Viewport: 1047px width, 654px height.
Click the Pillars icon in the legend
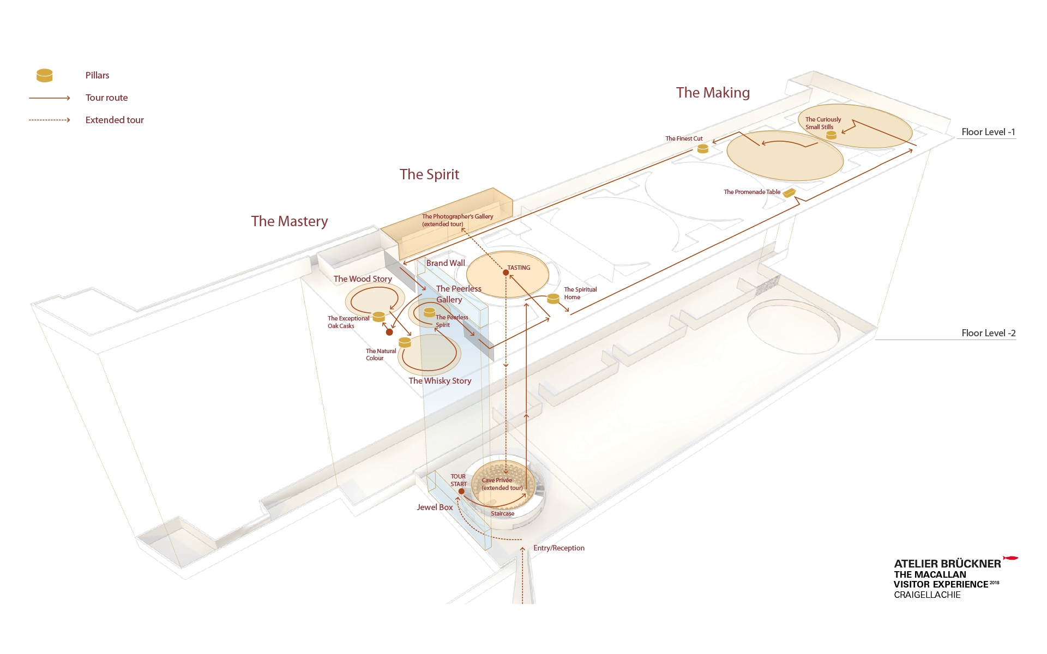pos(44,75)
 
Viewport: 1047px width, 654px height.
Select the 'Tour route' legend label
pos(106,98)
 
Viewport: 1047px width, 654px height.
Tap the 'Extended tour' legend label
pos(115,120)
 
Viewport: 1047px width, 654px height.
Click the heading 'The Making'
pos(713,93)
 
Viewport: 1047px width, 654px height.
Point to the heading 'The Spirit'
pos(429,174)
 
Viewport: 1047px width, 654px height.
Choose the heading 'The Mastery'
pos(289,221)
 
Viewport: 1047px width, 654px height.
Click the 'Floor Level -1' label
pos(988,132)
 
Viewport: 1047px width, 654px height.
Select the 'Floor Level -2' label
pos(988,333)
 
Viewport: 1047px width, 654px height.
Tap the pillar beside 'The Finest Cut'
pos(703,148)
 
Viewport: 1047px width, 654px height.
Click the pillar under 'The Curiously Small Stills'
pos(831,135)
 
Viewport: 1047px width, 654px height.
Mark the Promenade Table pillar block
pos(789,192)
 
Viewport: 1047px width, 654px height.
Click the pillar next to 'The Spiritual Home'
pos(553,298)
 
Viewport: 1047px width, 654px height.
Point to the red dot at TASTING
pos(506,272)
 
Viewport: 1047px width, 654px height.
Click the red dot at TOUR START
pos(461,491)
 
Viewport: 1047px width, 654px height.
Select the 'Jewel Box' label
pos(435,507)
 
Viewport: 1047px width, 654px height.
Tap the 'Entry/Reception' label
pos(558,548)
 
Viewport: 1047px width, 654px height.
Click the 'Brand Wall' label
pos(446,263)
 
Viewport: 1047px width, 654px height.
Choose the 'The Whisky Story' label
pos(440,381)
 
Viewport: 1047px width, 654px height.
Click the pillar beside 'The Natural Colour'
pos(405,342)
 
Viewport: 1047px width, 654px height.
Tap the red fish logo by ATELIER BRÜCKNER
pos(1010,558)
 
